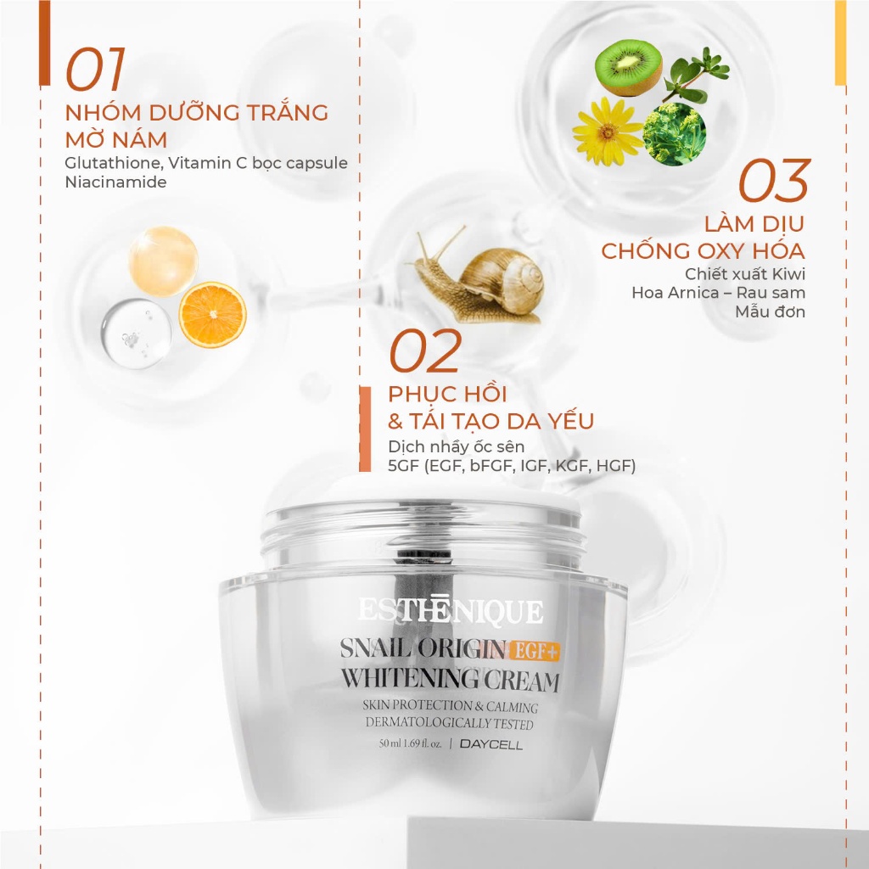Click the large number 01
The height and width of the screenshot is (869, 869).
coord(95,70)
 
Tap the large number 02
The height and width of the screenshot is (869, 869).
coord(425,350)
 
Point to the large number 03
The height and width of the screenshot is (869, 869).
coord(774,181)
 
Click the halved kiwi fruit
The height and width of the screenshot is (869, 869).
coord(628,68)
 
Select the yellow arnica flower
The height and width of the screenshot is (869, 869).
coord(608,132)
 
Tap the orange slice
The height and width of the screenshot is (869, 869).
coord(212,315)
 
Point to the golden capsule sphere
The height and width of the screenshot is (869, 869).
coord(164,261)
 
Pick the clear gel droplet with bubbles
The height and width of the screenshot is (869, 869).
coord(137,334)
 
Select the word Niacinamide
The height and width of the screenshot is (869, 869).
coord(115,182)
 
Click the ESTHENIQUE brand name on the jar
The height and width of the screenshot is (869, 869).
coord(450,611)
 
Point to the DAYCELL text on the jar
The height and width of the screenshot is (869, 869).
coord(491,745)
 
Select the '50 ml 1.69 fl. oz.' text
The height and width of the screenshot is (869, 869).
coord(410,743)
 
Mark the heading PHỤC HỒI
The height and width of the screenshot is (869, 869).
coord(447,395)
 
